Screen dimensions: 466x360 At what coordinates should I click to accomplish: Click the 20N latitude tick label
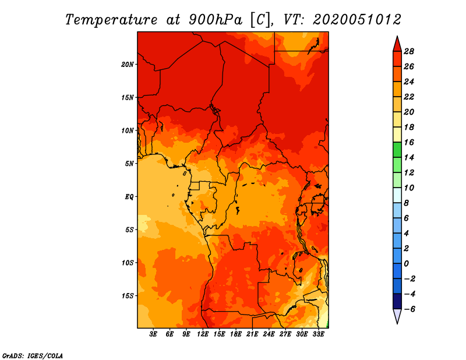click(128, 65)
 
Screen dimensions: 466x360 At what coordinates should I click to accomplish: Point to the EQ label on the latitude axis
click(129, 197)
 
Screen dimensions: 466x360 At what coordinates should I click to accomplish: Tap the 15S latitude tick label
click(128, 296)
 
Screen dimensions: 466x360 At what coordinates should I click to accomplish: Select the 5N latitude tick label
click(129, 164)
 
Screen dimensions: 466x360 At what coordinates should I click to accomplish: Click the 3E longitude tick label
click(153, 334)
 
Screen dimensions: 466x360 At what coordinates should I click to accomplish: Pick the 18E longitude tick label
click(236, 334)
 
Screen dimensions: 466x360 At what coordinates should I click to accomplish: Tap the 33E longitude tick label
click(318, 334)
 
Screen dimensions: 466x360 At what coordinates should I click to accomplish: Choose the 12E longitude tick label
click(203, 334)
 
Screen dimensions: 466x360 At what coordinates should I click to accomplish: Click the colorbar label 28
click(409, 51)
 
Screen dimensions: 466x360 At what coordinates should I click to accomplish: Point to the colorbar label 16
click(409, 142)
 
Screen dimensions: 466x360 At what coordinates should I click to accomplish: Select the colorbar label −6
click(409, 309)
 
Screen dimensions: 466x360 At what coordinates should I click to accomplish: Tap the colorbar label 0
click(406, 264)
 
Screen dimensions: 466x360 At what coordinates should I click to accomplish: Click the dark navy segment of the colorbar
click(397, 301)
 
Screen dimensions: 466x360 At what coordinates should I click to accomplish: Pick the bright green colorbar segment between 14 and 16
click(397, 150)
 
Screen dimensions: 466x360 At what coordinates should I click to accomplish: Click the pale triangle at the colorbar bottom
click(397, 316)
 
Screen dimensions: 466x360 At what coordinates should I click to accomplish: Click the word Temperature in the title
click(111, 20)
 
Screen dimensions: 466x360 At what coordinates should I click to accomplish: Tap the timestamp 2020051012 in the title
click(356, 20)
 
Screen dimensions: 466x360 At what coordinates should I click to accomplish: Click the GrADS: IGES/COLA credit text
click(33, 355)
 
